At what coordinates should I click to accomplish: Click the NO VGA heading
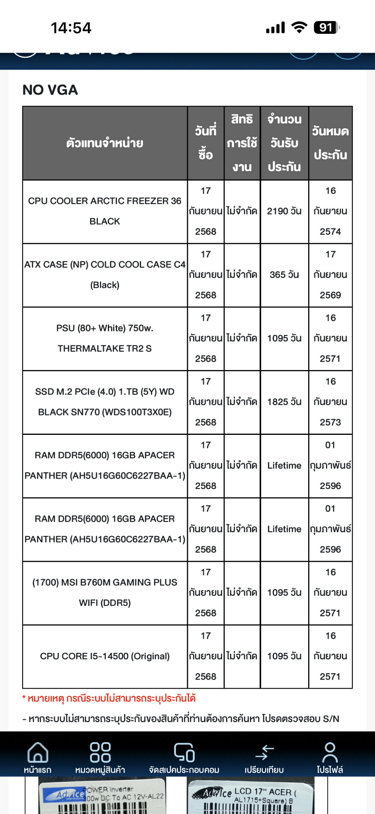[x=50, y=90]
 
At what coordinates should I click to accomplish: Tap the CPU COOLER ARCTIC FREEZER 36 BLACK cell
[x=105, y=211]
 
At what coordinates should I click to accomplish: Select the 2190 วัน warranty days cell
[x=284, y=211]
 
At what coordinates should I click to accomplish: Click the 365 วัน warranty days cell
[x=284, y=275]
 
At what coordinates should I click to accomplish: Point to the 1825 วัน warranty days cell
[x=284, y=402]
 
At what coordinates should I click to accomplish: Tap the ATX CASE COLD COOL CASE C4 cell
[x=105, y=275]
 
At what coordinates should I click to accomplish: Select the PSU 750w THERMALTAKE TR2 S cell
[x=105, y=339]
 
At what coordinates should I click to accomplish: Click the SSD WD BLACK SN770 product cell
[x=105, y=402]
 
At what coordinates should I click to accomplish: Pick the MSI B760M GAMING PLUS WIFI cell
[x=105, y=593]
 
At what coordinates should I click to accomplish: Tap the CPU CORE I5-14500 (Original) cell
[x=105, y=656]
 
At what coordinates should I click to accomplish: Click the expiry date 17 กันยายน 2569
[x=330, y=275]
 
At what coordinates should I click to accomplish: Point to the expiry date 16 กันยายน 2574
[x=330, y=211]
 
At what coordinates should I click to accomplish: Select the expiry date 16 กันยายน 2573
[x=330, y=402]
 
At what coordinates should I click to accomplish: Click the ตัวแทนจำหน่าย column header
[x=105, y=143]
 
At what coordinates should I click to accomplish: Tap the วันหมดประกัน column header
[x=330, y=143]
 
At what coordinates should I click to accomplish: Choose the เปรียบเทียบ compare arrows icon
[x=264, y=753]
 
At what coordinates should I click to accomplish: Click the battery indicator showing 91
[x=327, y=28]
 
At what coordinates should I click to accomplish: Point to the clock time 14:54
[x=71, y=28]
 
